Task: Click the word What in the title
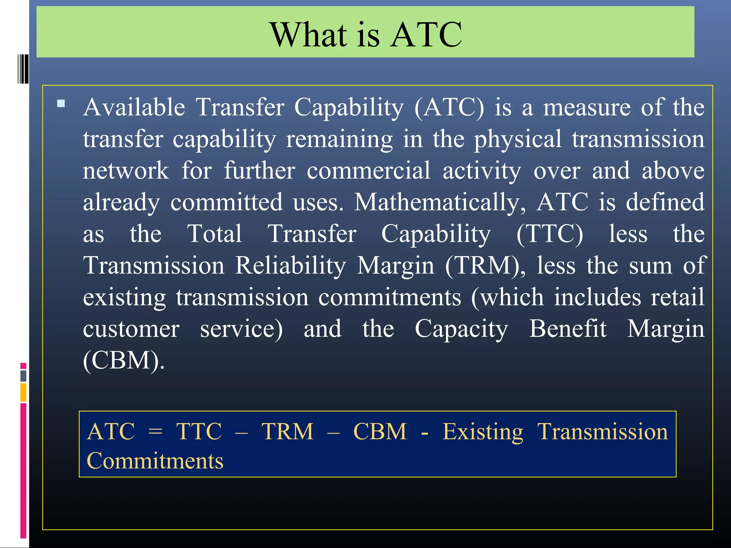coord(308,35)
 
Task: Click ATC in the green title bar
coord(426,35)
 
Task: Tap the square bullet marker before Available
coord(61,104)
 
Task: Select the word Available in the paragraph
coord(134,107)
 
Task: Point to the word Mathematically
coord(440,202)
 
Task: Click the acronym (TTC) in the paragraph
coord(550,234)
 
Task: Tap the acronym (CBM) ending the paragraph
coord(123,360)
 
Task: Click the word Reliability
coord(291,266)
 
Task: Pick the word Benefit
coord(568,329)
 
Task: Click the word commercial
coord(368,171)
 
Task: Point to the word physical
coord(518,139)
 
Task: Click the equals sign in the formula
coord(155,432)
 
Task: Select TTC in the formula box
coord(199,432)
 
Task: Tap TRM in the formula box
coord(288,432)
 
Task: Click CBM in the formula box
coord(380,432)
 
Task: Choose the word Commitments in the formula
coord(155,461)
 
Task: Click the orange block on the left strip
coord(24,392)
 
